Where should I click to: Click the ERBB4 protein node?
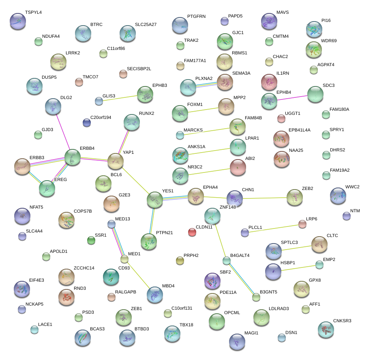pos(73,157)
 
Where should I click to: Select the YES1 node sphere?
pos(154,199)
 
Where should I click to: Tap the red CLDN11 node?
pos(192,232)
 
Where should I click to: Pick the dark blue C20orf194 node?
pos(86,122)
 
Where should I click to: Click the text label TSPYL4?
pos(33,13)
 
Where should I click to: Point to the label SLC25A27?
pos(146,24)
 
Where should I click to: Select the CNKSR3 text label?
pos(342,321)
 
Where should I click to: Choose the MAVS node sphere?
pos(269,21)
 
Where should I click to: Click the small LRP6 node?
pos(302,224)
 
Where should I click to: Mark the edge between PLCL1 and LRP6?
pos(273,228)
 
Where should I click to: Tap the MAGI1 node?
pos(237,342)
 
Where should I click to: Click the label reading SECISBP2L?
pos(139,69)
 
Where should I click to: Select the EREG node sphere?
pos(47,188)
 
